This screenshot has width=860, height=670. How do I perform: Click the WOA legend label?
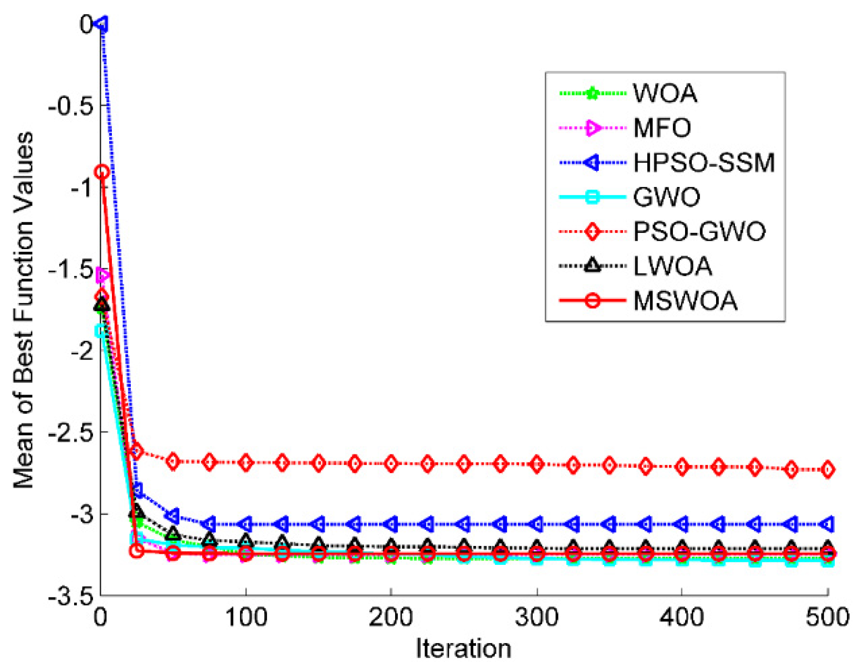[665, 94]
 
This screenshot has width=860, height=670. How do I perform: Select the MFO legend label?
[662, 128]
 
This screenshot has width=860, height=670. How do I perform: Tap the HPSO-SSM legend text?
[704, 163]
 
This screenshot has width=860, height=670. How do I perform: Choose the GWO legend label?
[667, 198]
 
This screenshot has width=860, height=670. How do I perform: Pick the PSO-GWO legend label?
[699, 232]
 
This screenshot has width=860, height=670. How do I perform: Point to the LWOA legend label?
[672, 266]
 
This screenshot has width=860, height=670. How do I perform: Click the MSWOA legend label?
[685, 301]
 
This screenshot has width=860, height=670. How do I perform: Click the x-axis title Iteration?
[463, 648]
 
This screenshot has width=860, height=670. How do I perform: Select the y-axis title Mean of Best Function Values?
[24, 310]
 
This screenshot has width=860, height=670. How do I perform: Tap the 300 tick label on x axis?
[536, 617]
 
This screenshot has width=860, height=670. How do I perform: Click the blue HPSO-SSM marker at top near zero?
[102, 24]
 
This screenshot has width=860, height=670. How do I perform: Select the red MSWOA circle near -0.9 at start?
[102, 172]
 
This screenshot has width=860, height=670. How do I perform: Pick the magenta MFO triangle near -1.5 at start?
[102, 275]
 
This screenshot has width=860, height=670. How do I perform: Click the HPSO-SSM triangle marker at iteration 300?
[536, 524]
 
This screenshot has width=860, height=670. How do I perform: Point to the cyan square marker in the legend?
[592, 198]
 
